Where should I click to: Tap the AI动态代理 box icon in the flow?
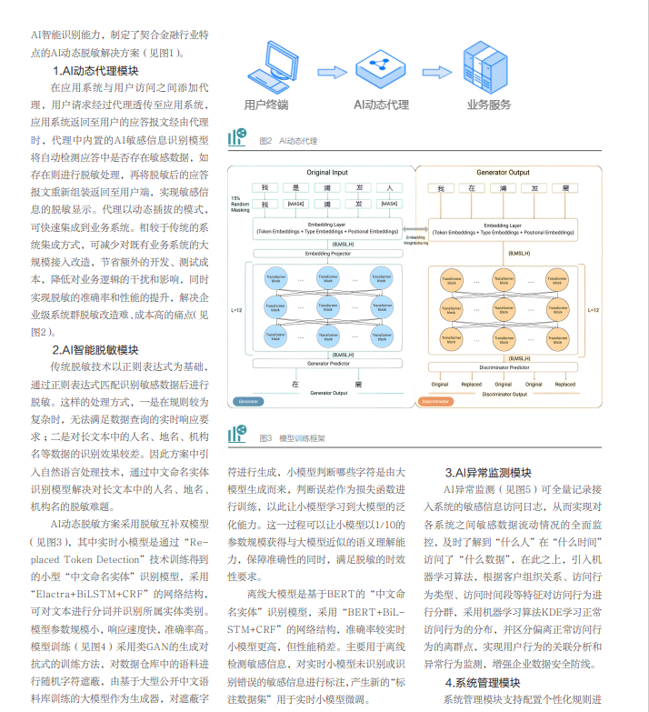pyautogui.click(x=380, y=67)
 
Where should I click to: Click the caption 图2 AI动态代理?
pyautogui.click(x=287, y=141)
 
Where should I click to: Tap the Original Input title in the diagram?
pyautogui.click(x=326, y=172)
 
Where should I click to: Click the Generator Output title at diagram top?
pyautogui.click(x=503, y=172)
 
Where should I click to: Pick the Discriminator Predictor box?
pyautogui.click(x=505, y=367)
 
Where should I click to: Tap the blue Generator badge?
pyautogui.click(x=245, y=401)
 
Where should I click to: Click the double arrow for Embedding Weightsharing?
pyautogui.click(x=415, y=230)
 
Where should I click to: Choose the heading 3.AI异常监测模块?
pyautogui.click(x=488, y=473)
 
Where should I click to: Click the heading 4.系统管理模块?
pyautogui.click(x=482, y=682)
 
